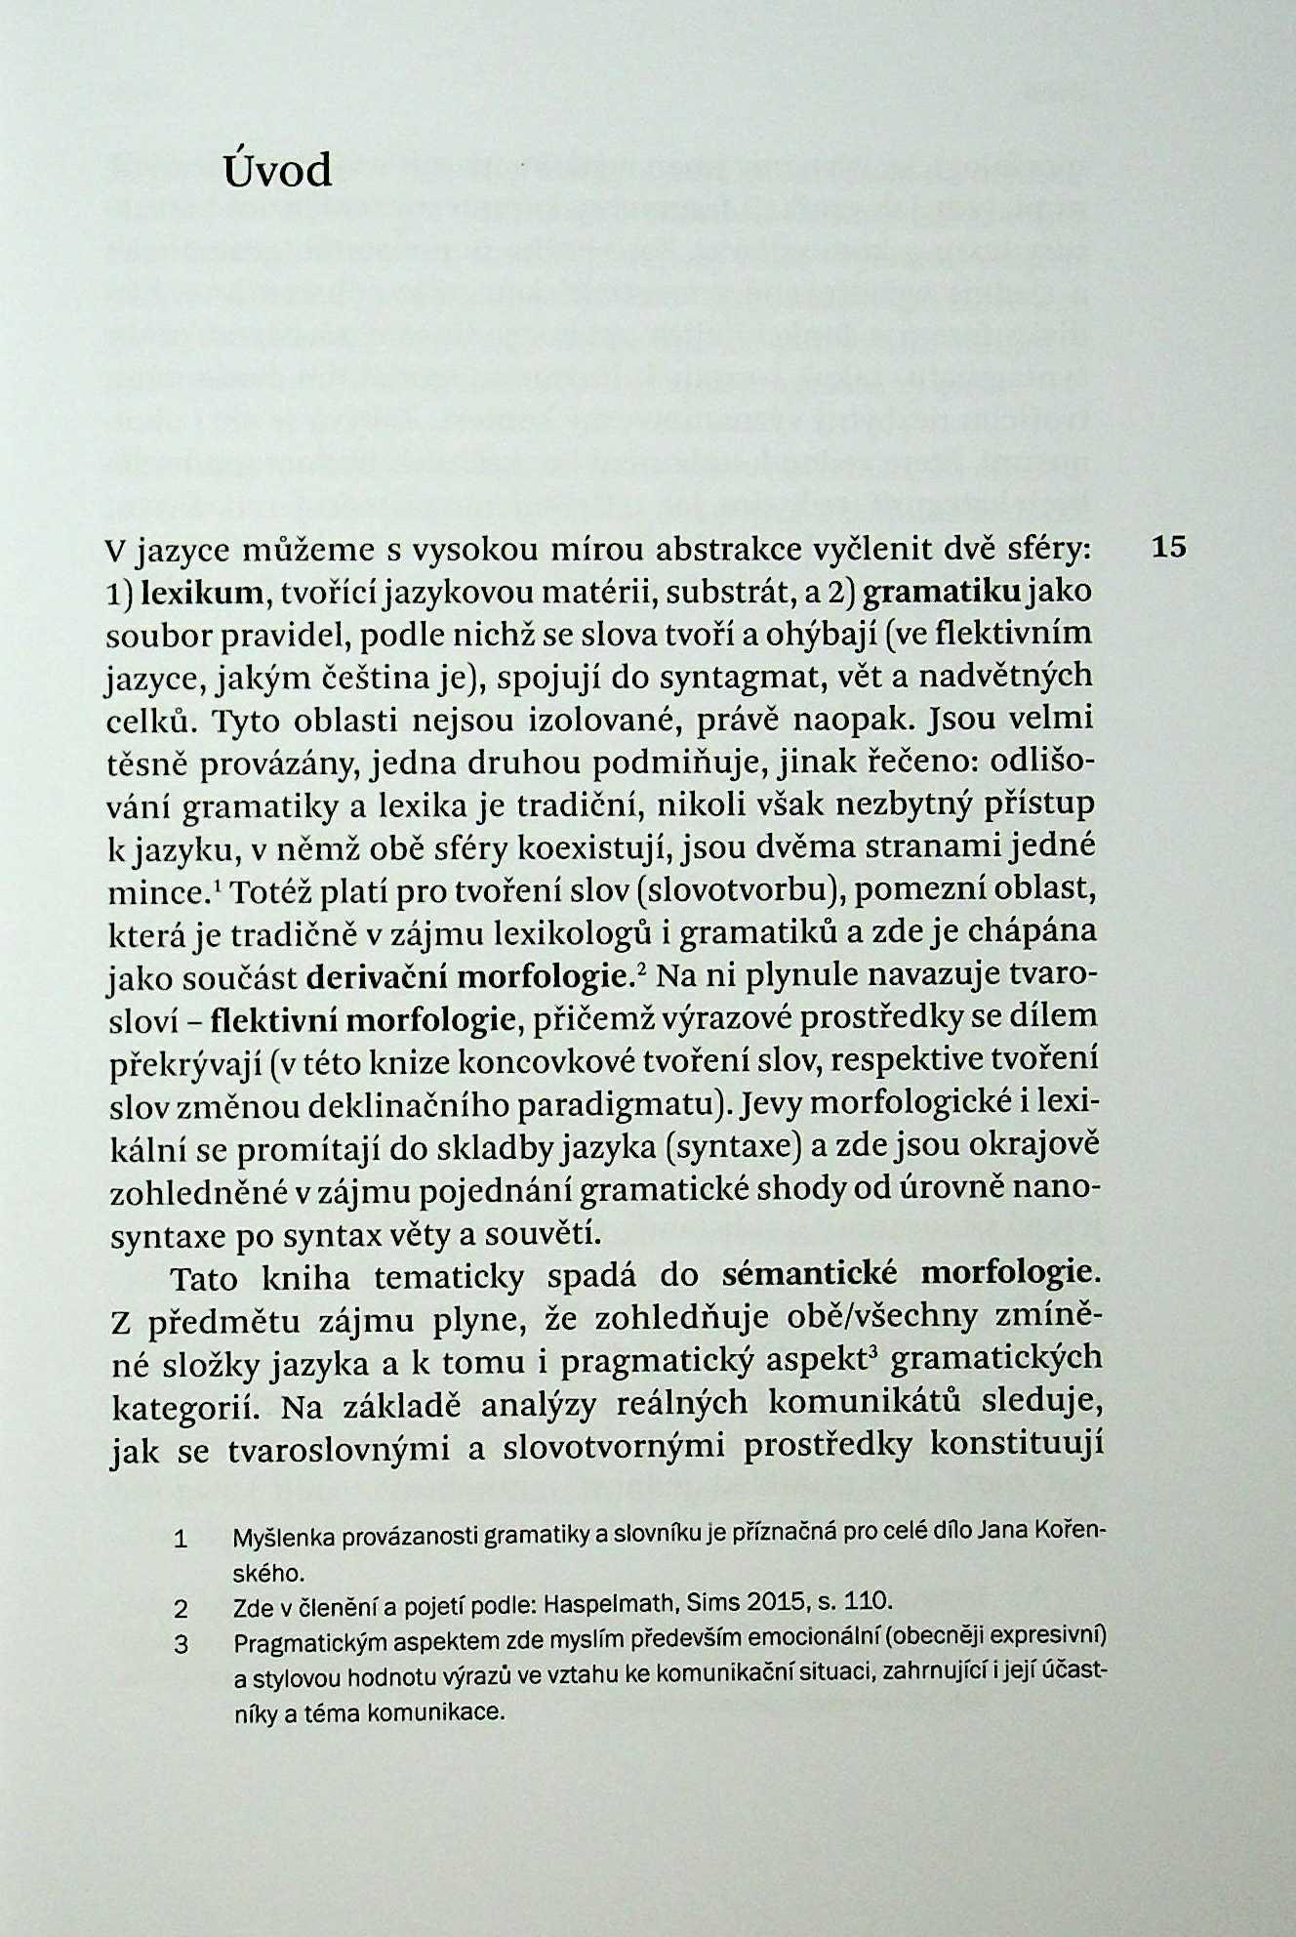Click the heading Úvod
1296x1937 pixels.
point(278,172)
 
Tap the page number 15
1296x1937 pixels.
point(1168,547)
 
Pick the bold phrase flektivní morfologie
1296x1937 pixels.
point(362,1019)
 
